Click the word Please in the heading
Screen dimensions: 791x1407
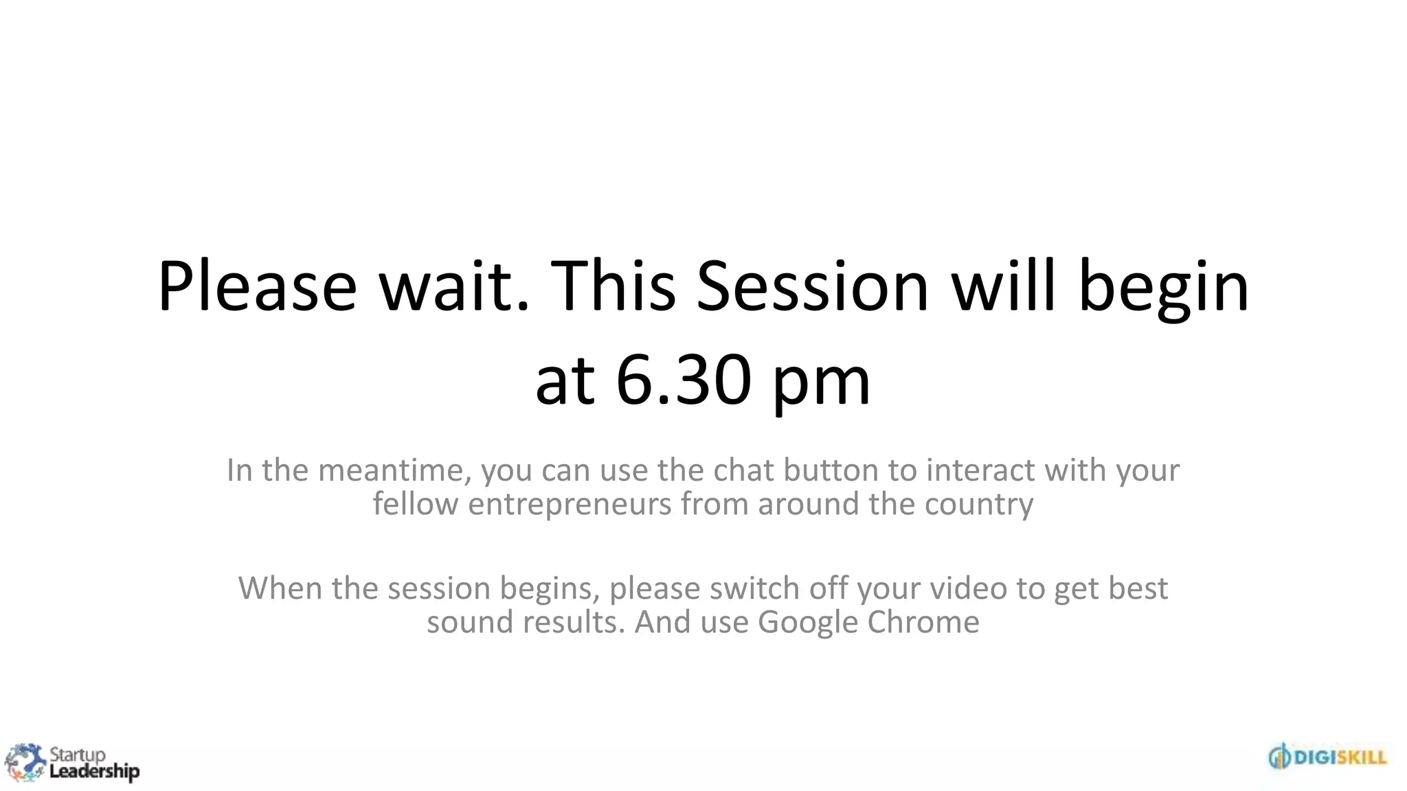pyautogui.click(x=257, y=286)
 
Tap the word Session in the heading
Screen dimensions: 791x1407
pyautogui.click(x=813, y=286)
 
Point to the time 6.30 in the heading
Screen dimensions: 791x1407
pyautogui.click(x=683, y=380)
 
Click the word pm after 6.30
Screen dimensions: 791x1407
pyautogui.click(x=822, y=385)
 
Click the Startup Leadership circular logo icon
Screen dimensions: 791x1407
pyautogui.click(x=25, y=762)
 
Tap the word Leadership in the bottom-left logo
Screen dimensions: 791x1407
pyautogui.click(x=94, y=772)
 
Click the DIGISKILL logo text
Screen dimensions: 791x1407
pyautogui.click(x=1340, y=757)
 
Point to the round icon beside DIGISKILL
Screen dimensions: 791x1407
pyautogui.click(x=1280, y=757)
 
